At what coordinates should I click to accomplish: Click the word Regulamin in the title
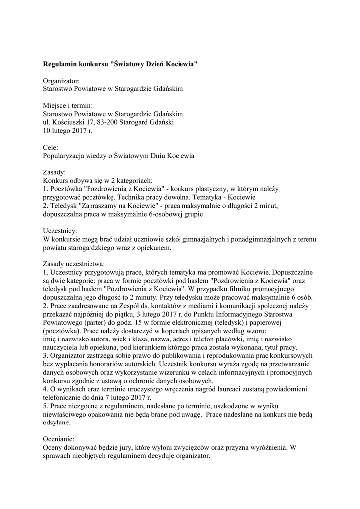pos(61,64)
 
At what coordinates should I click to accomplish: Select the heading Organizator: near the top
pos(61,81)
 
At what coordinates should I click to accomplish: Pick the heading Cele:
pos(51,147)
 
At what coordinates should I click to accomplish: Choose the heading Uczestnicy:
pos(60,231)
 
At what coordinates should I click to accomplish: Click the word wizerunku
pos(183,372)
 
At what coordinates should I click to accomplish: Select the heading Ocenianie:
pos(59,439)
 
